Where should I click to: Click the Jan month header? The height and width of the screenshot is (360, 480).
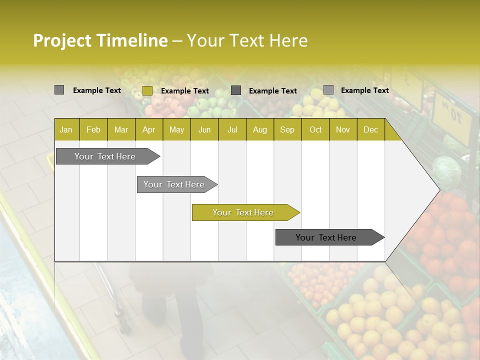click(66, 129)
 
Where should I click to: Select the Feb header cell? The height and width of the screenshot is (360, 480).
click(93, 129)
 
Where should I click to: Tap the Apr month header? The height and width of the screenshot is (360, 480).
click(148, 129)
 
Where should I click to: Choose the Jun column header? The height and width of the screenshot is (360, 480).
click(204, 129)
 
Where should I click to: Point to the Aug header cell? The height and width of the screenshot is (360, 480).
click(259, 129)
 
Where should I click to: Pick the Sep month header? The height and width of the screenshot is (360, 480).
click(287, 129)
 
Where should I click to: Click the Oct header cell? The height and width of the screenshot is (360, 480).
click(315, 129)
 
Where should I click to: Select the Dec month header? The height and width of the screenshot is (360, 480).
click(370, 129)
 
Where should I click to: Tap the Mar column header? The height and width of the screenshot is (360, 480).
click(121, 129)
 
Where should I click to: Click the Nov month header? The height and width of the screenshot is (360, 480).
click(343, 129)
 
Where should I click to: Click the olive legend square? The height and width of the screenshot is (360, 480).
click(147, 90)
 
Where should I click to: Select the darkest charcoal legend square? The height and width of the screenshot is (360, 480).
click(236, 90)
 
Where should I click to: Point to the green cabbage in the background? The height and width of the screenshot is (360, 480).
click(446, 171)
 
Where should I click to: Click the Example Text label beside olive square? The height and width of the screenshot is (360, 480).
click(185, 91)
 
